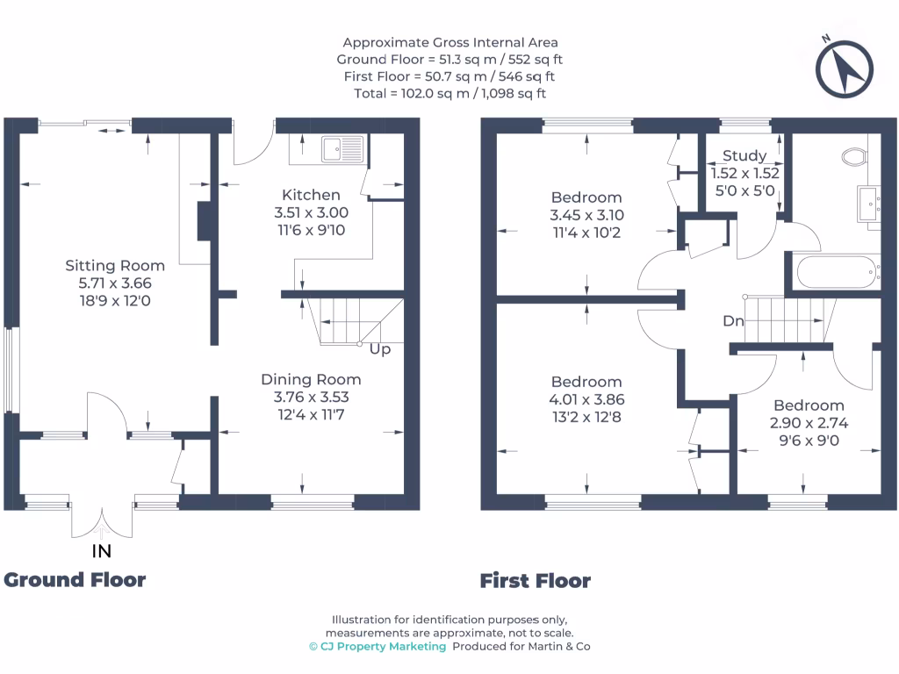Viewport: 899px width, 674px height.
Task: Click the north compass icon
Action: tap(844, 68)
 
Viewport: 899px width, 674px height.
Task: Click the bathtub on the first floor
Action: tap(837, 271)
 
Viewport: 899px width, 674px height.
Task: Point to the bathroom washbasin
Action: tap(873, 204)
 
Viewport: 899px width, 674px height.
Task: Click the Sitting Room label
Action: tap(115, 265)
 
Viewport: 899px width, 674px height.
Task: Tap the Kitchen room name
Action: tap(311, 195)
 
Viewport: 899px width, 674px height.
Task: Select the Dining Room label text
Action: tap(311, 379)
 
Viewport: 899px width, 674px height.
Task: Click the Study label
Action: tap(744, 156)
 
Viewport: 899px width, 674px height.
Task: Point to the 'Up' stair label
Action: tap(380, 349)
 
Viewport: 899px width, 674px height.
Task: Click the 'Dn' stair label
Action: tap(733, 321)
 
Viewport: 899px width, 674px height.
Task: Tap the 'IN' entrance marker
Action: tap(102, 552)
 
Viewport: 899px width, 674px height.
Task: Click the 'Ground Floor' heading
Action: tap(75, 579)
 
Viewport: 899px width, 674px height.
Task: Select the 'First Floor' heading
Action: tap(535, 581)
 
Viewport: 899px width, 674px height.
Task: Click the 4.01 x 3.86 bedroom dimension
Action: tap(586, 398)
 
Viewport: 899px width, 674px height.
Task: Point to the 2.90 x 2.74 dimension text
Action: tap(809, 422)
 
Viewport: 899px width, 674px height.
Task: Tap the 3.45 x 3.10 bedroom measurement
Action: tap(586, 215)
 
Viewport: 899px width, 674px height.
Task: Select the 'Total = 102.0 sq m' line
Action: tap(449, 93)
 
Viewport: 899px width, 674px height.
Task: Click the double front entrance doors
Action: tap(102, 522)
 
